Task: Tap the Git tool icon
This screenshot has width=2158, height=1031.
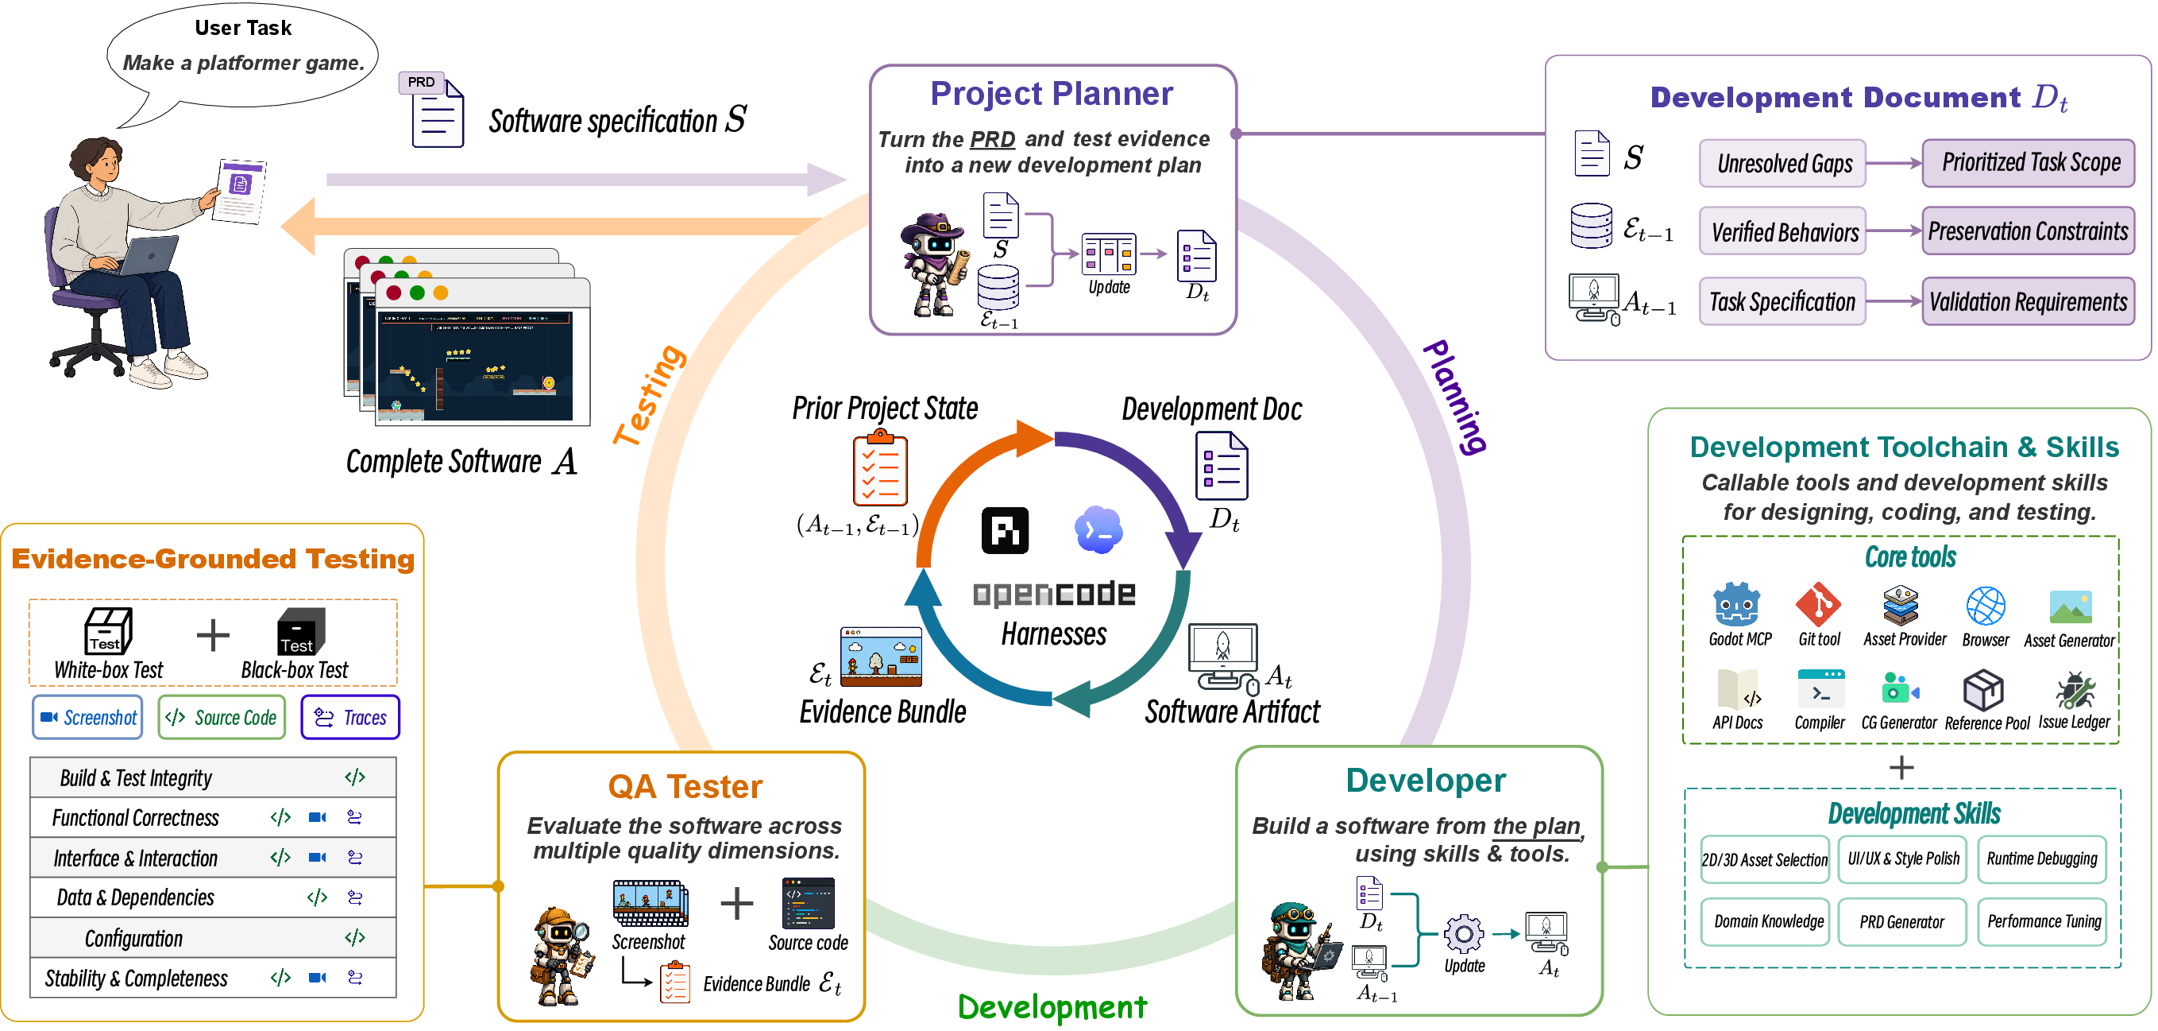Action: coord(1817,604)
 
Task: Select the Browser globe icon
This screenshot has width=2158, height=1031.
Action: coord(1985,605)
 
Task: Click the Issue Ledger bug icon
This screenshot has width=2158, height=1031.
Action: coord(2075,690)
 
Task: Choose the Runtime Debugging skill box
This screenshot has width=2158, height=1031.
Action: coord(2041,859)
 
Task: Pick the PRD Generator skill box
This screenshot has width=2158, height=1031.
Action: coord(1901,922)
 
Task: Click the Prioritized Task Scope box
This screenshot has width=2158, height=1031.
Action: coord(2029,163)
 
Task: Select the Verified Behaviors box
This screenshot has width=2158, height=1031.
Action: coord(1782,232)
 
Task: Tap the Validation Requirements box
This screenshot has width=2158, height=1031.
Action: coord(2029,302)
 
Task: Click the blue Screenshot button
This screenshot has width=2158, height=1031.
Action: coord(88,718)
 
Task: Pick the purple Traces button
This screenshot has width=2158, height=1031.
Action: coord(350,718)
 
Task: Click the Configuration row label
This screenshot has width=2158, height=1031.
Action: coord(133,939)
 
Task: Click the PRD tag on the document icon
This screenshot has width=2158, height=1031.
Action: coord(422,82)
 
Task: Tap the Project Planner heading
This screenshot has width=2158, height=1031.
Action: coord(1052,94)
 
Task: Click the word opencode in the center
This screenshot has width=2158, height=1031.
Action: coord(1054,595)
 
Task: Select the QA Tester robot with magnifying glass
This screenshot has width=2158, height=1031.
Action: coord(562,955)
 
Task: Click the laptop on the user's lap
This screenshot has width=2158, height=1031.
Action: coord(149,256)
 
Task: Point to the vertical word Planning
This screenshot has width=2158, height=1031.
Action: coord(1455,396)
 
